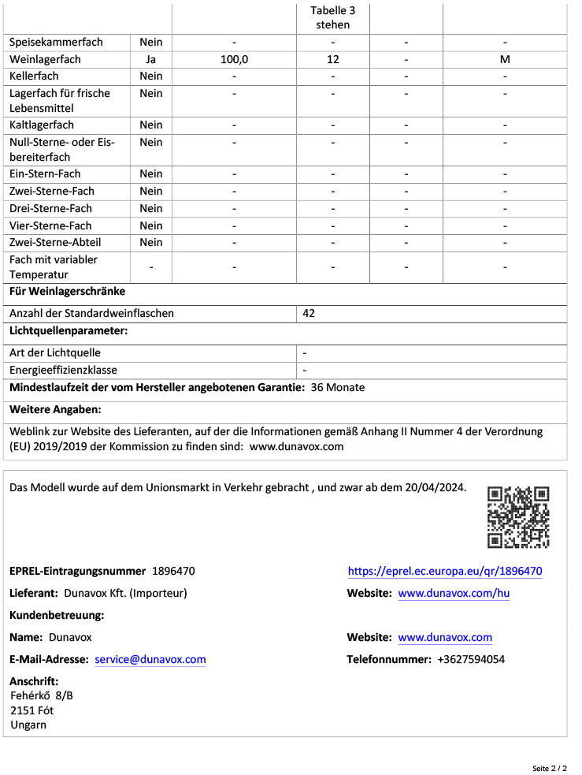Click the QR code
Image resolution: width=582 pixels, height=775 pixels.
click(518, 517)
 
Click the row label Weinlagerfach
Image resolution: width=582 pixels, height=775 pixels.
click(46, 59)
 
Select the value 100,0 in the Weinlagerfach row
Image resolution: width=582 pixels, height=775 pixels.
click(234, 59)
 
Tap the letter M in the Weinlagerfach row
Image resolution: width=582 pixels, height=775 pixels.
click(505, 59)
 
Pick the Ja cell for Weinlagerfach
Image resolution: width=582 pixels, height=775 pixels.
click(150, 59)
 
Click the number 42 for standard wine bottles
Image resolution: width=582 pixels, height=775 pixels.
click(309, 313)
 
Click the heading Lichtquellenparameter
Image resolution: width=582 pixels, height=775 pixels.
click(69, 331)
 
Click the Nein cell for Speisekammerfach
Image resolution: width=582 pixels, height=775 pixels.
click(150, 42)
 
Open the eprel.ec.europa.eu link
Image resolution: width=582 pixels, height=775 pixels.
click(445, 572)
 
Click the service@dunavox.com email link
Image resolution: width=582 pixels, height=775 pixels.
click(150, 660)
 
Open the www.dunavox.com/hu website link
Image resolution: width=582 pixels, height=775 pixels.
click(454, 594)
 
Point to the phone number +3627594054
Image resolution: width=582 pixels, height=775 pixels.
click(471, 660)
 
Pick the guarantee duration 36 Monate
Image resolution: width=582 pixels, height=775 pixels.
click(338, 388)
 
